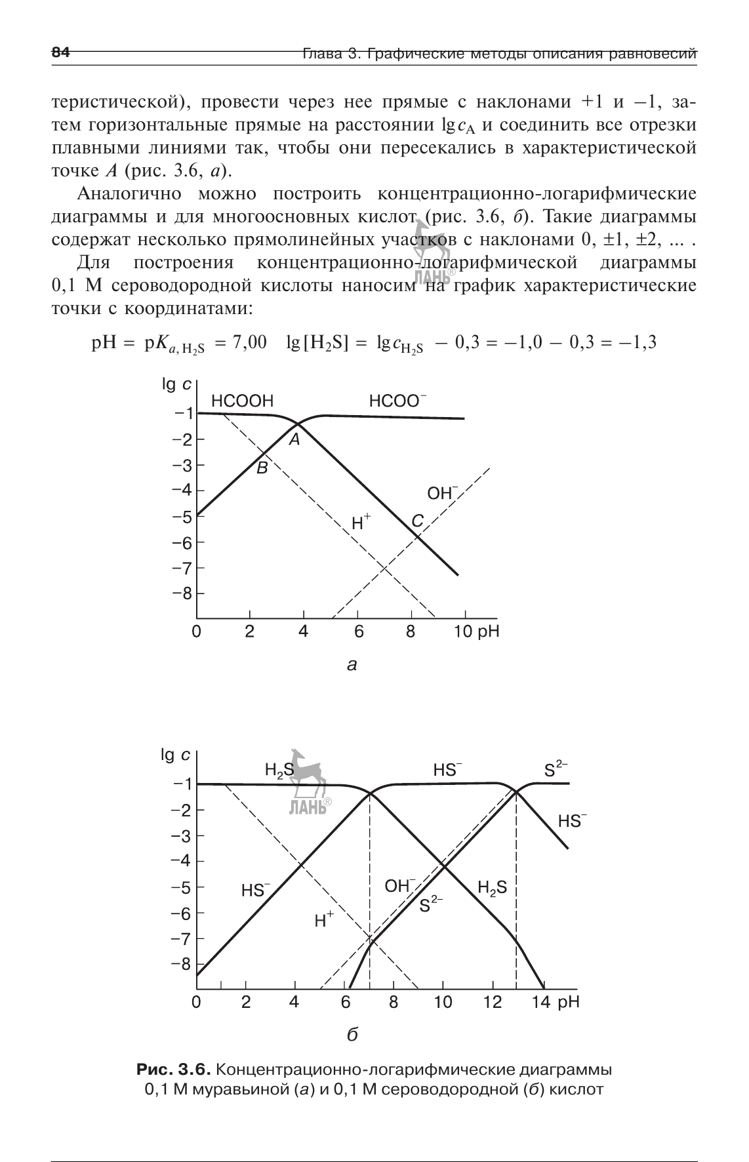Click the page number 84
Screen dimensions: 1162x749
[x=60, y=53]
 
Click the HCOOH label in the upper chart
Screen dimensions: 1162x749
[x=242, y=401]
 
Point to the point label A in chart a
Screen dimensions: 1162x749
[x=295, y=440]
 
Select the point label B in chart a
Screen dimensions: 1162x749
[x=262, y=468]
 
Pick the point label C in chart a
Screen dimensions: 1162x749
[x=417, y=521]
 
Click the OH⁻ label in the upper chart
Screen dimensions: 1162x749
[x=442, y=493]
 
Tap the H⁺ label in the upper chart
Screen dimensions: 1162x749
[x=361, y=523]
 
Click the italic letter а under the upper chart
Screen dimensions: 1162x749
[x=352, y=666]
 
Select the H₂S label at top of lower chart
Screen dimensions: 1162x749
[x=278, y=770]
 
